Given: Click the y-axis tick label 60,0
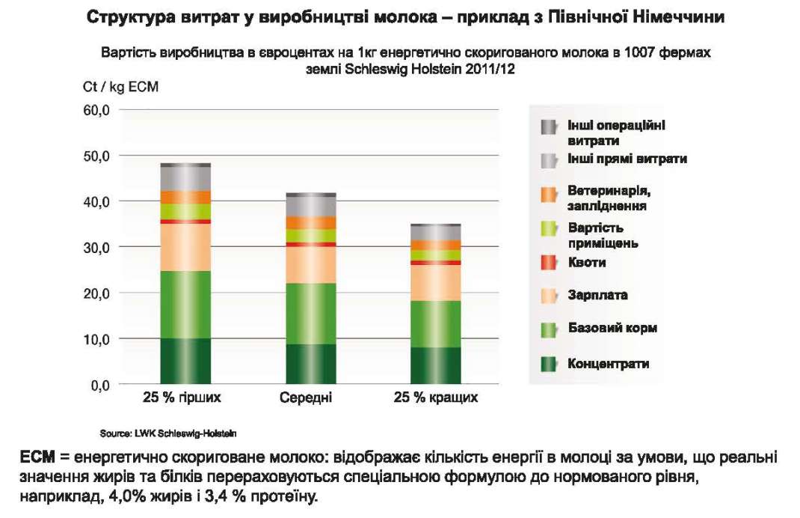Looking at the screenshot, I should tap(96, 110).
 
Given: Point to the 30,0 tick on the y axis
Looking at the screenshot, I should tap(96, 247).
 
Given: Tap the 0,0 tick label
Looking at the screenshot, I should tap(99, 385).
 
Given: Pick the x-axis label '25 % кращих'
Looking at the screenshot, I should tap(436, 397).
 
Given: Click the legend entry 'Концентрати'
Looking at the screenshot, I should tap(608, 364).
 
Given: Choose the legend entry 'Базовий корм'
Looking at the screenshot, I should tap(612, 328).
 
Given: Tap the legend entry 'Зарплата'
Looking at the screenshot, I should tap(597, 295).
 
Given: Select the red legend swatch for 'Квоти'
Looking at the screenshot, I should tap(549, 263).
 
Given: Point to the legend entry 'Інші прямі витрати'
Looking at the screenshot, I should tap(627, 159).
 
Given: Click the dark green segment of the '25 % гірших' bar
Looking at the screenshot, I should tap(185, 361).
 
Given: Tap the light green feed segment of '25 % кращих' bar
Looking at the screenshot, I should tap(435, 323).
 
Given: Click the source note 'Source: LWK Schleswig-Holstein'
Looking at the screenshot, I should tap(168, 433).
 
